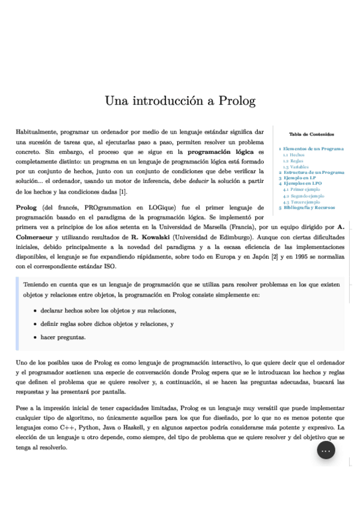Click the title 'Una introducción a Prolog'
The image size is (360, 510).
tap(180, 100)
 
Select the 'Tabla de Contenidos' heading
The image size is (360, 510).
tap(311, 134)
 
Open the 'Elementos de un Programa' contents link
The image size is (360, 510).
tap(313, 149)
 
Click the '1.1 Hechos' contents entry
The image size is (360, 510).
tap(293, 155)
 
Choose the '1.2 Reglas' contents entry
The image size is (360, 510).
tap(293, 161)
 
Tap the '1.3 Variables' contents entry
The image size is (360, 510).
tap(296, 167)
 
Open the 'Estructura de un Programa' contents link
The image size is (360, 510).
tap(314, 173)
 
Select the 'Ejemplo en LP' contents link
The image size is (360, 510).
tap(300, 178)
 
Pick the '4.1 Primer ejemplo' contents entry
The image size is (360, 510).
tap(302, 189)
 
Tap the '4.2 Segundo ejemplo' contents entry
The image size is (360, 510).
tap(304, 195)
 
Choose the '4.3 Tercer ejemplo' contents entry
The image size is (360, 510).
tap(302, 201)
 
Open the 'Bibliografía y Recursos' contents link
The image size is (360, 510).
tap(309, 207)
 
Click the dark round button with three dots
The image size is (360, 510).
tap(326, 450)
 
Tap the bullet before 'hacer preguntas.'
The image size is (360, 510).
tap(35, 337)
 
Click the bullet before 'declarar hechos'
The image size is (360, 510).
tap(35, 311)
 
